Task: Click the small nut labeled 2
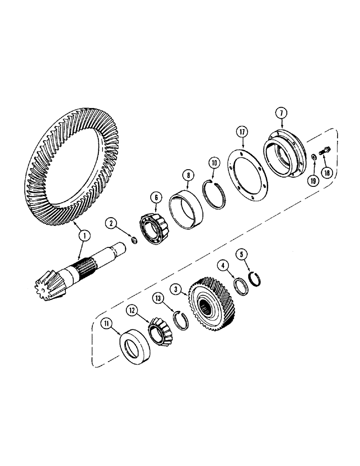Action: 132,240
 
